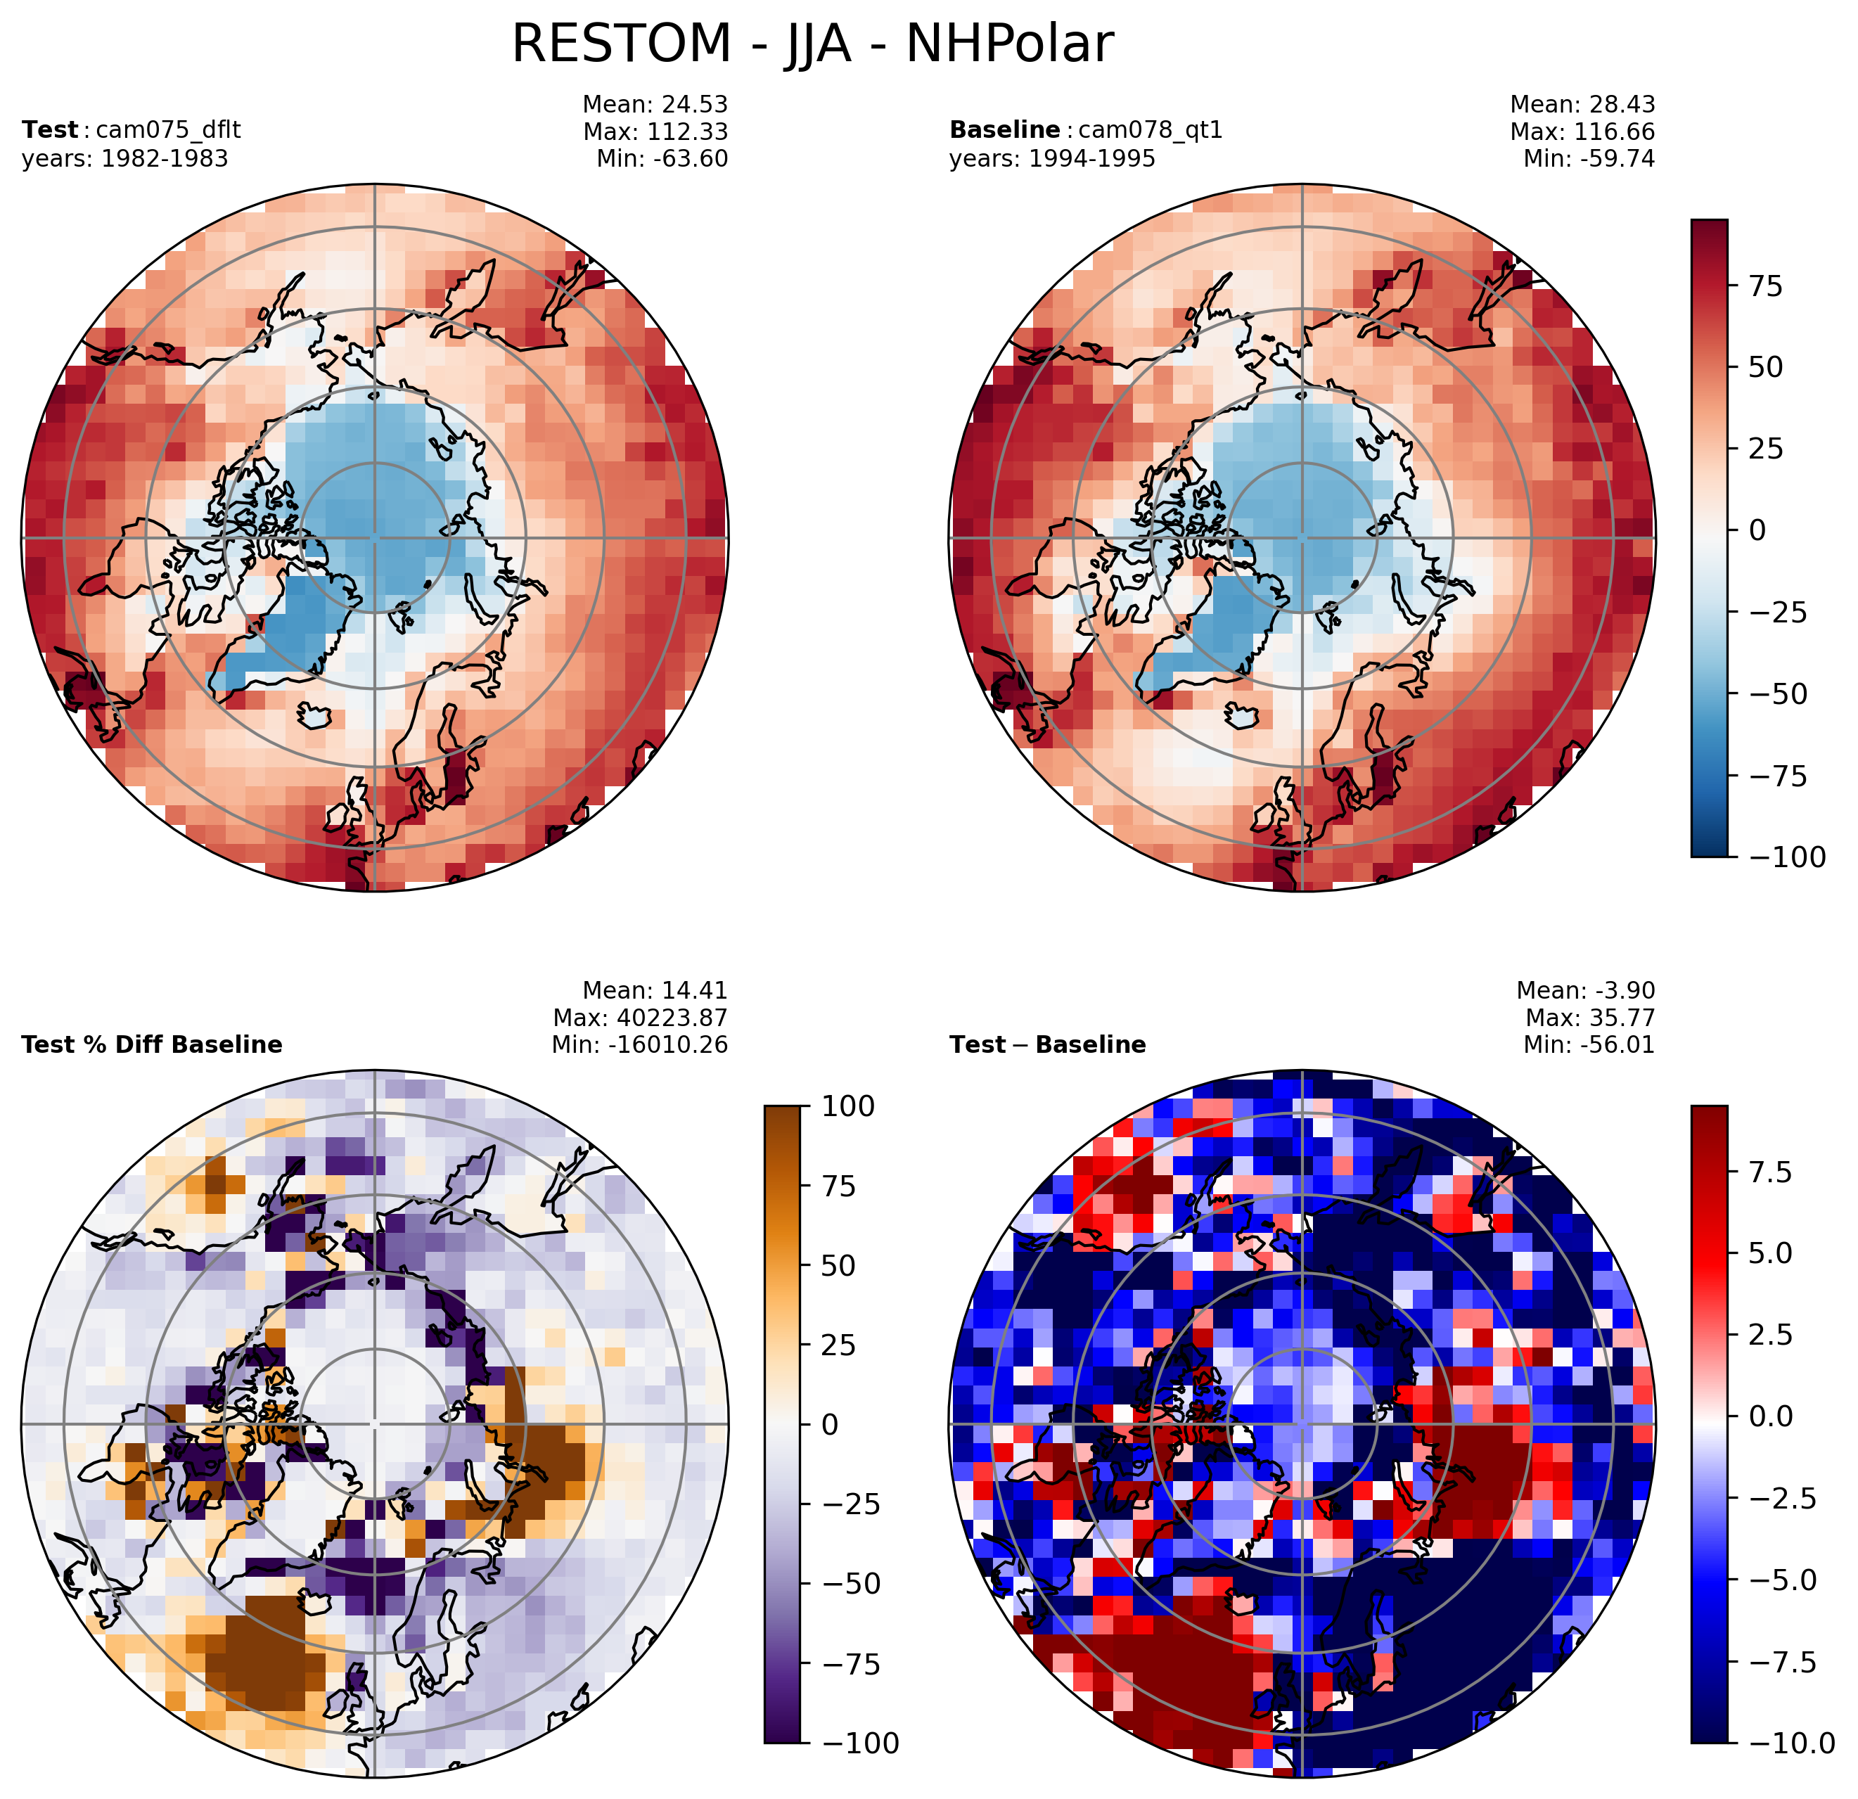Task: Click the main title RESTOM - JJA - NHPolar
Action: click(812, 44)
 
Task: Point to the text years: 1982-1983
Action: click(125, 159)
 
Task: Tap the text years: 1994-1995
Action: click(1052, 159)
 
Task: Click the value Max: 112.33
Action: click(656, 132)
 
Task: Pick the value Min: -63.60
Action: click(662, 159)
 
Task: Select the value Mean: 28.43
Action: click(1583, 104)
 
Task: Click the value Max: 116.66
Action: click(1583, 132)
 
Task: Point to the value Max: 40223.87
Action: click(641, 1018)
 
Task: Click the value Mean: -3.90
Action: click(1586, 990)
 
